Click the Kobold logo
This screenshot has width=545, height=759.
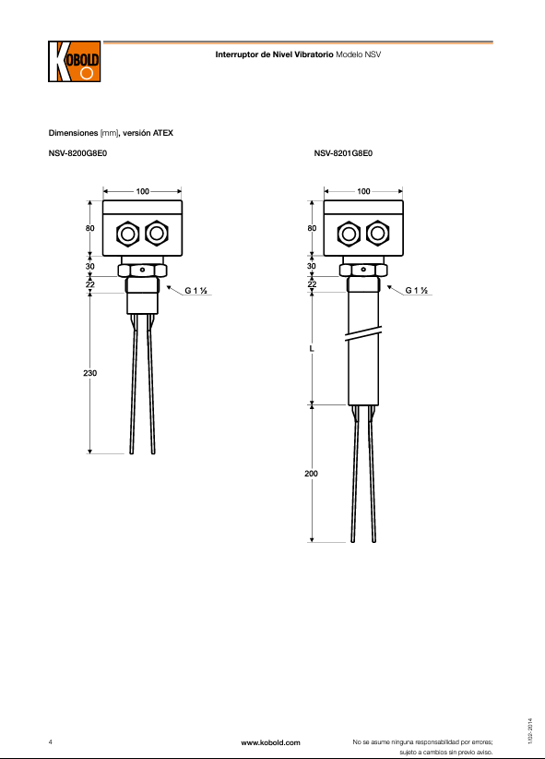point(75,62)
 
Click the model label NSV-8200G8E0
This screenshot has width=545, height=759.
point(77,153)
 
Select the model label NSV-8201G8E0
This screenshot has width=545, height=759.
point(343,153)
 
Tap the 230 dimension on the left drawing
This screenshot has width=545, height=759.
point(90,373)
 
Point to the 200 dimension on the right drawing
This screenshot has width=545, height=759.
point(311,474)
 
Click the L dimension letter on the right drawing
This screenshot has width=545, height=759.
point(312,348)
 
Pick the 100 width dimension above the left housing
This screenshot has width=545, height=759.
point(143,191)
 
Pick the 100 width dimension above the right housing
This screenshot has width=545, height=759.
point(363,191)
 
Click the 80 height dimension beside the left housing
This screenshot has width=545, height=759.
point(90,228)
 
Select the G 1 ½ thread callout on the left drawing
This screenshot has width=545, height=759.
point(195,291)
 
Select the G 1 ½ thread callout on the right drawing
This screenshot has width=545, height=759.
point(417,291)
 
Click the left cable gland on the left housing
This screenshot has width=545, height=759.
point(128,234)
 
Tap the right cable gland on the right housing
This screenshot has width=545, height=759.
point(377,234)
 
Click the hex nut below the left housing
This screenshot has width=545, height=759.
point(142,271)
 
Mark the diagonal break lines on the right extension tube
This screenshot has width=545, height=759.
point(363,333)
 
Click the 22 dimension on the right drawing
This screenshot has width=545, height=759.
point(312,284)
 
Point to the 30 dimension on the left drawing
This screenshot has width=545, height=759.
point(90,266)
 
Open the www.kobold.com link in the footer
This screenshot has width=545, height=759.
point(270,742)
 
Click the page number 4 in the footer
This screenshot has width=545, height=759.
point(51,742)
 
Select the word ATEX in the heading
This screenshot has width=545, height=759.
point(163,133)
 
